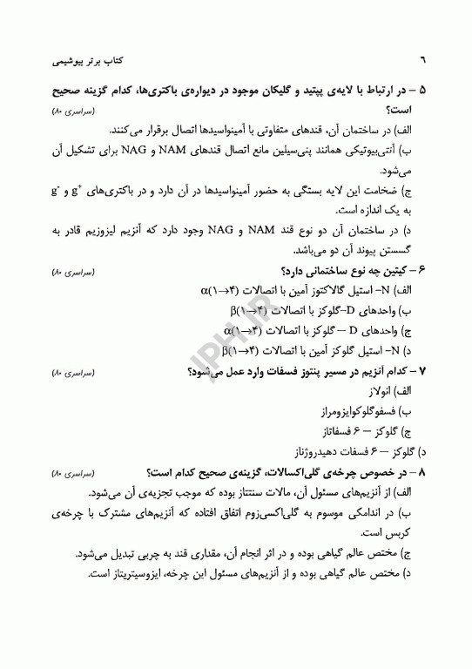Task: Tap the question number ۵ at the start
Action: pos(422,91)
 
